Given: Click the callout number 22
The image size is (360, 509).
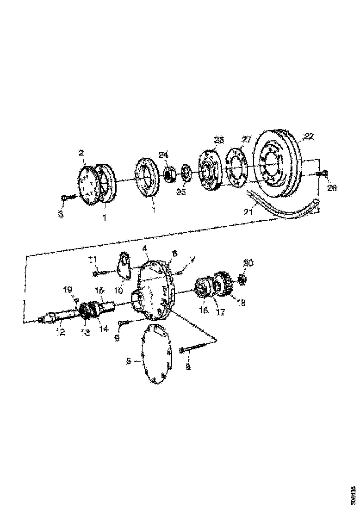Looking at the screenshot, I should (309, 137).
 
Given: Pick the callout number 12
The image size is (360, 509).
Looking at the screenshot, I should (60, 332).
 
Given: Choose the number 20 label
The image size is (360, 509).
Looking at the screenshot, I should (248, 263).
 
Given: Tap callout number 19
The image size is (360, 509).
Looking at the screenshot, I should (68, 290).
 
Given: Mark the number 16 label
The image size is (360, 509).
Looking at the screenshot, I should (203, 310).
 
